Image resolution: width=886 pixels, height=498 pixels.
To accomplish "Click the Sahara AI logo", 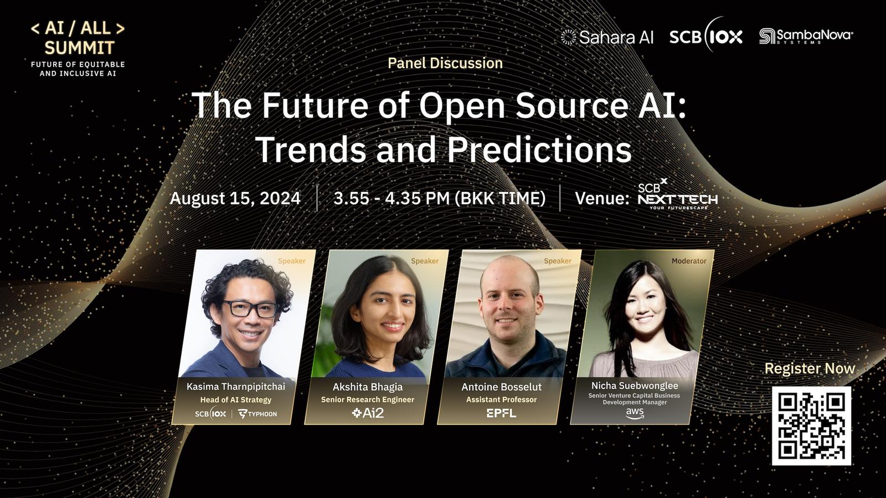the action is [x=607, y=37].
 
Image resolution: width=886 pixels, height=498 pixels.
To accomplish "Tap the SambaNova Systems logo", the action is [x=806, y=37].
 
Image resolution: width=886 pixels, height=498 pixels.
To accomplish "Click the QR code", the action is [x=811, y=426].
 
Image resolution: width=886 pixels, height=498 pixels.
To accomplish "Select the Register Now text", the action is [x=810, y=369].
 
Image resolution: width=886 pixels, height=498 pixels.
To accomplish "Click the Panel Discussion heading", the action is [x=445, y=63].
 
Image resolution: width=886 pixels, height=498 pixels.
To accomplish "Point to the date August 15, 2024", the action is [x=235, y=198].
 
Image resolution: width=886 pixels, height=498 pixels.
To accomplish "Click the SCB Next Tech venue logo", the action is [x=678, y=194].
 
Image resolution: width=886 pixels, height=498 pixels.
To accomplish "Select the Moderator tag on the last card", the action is [x=689, y=261].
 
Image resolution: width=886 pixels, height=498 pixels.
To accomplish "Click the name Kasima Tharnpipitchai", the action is [x=236, y=387].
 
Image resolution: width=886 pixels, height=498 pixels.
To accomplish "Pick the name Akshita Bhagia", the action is [x=368, y=387].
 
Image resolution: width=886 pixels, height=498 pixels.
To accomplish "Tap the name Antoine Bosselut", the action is [x=502, y=387].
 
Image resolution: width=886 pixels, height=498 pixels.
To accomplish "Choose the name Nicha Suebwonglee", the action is [x=635, y=385].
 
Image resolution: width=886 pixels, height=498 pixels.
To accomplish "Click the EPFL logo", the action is [x=501, y=413].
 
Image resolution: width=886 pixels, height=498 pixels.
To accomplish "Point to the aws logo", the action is [x=635, y=413].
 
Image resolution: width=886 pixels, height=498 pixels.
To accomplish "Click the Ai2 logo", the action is [x=368, y=413].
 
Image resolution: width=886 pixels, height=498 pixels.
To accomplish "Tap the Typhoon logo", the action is [x=257, y=414].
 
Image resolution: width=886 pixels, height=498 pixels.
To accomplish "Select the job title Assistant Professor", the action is [x=502, y=400].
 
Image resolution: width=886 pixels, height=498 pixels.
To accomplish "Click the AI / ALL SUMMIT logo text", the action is [x=78, y=38].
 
